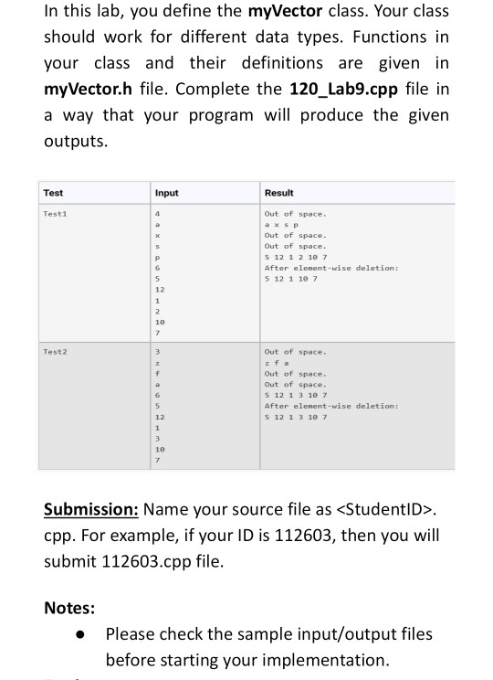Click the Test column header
pyautogui.click(x=54, y=193)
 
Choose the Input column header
pyautogui.click(x=166, y=193)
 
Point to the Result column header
pyautogui.click(x=278, y=193)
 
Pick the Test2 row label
pyautogui.click(x=56, y=351)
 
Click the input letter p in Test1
pyautogui.click(x=160, y=257)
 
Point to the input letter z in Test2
pyautogui.click(x=160, y=362)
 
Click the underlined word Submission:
pyautogui.click(x=90, y=509)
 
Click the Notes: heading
pyautogui.click(x=70, y=606)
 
